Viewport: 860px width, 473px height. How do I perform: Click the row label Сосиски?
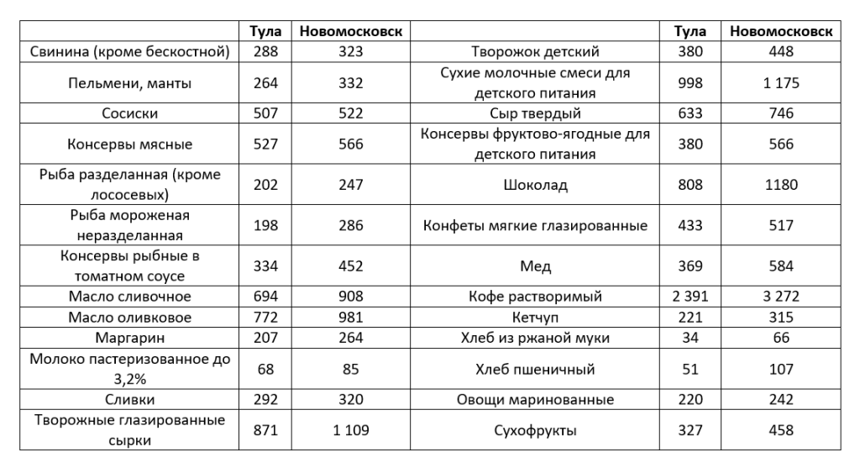click(129, 113)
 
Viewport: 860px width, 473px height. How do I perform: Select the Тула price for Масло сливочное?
click(265, 297)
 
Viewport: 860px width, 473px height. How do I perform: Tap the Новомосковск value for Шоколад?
click(781, 185)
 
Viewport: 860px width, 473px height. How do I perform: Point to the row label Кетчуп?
click(535, 318)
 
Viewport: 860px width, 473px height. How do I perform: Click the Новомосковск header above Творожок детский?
click(781, 31)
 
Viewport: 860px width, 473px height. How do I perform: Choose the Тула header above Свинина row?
click(265, 31)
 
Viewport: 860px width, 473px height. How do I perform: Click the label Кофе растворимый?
click(535, 297)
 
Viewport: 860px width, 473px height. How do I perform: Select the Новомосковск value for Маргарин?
click(351, 339)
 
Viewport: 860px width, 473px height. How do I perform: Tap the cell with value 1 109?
click(351, 430)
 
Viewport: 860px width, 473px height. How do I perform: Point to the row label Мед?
click(535, 266)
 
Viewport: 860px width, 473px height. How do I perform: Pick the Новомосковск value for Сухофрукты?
click(781, 430)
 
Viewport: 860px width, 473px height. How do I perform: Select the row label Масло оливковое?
click(129, 318)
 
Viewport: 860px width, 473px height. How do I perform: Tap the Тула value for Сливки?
click(265, 400)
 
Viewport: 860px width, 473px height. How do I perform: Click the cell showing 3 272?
click(781, 297)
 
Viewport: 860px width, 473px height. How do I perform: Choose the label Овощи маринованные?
click(535, 400)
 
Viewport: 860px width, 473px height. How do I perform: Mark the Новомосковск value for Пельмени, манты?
click(351, 83)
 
